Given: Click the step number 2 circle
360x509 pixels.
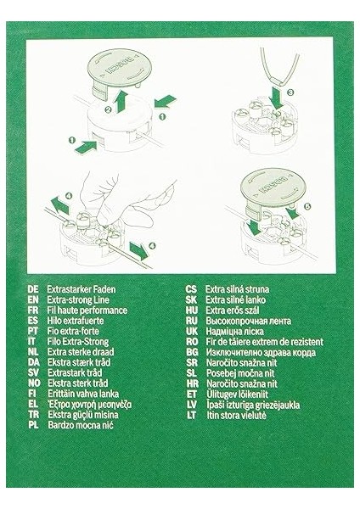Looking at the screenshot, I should [109, 109].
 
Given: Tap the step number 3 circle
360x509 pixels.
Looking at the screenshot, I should [290, 92].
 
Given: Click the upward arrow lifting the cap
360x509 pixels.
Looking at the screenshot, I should [121, 101].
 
